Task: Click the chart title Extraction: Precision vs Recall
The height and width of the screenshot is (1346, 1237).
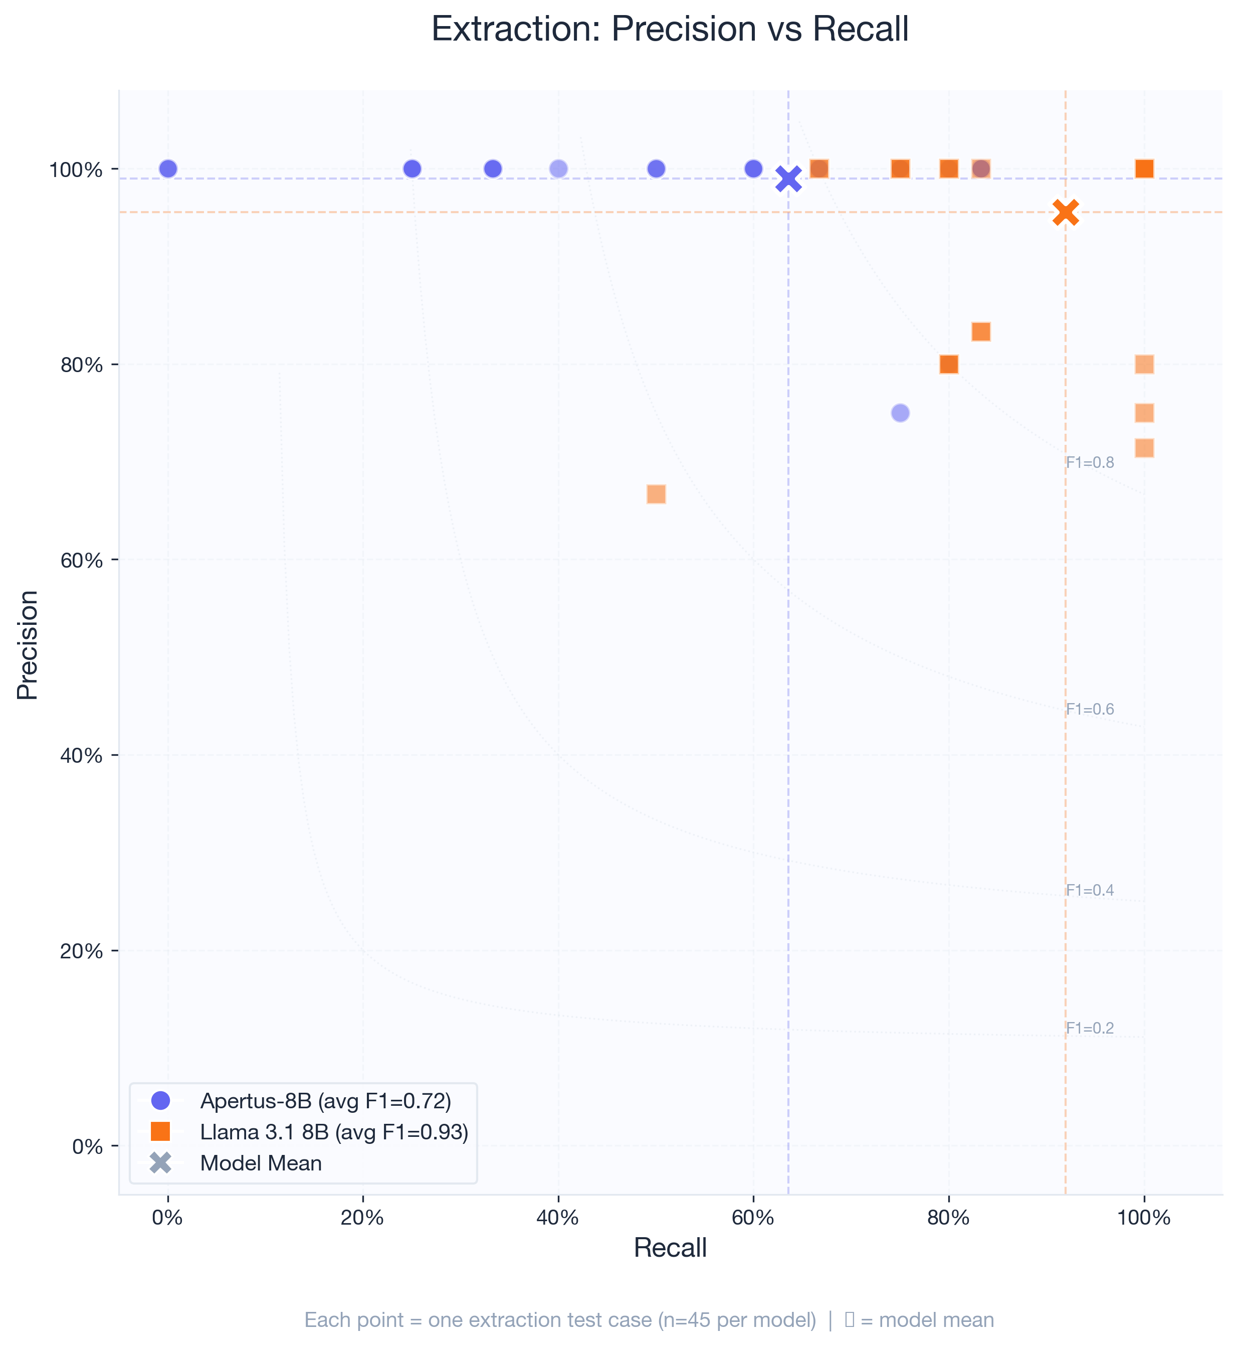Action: (x=669, y=30)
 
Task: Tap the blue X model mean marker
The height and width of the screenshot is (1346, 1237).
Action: (x=788, y=179)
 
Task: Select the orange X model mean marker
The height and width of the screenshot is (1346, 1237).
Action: (x=1065, y=212)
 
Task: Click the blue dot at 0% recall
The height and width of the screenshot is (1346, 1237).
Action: (x=168, y=169)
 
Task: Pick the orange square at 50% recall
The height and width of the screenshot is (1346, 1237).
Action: (x=656, y=494)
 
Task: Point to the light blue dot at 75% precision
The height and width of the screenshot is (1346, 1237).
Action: (x=900, y=413)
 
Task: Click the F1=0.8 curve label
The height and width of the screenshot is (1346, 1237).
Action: (x=1090, y=462)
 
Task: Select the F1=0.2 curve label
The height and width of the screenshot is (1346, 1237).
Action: (x=1090, y=1028)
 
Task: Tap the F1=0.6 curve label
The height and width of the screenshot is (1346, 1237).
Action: (x=1090, y=709)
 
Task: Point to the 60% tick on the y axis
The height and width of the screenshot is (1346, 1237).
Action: (x=82, y=561)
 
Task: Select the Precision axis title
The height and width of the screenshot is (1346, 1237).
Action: (x=28, y=644)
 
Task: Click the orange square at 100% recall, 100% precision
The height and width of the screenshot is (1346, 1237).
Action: (x=1144, y=169)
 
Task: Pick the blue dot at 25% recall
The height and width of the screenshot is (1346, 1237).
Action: (x=413, y=169)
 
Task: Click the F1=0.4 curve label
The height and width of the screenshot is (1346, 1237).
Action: (x=1090, y=890)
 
